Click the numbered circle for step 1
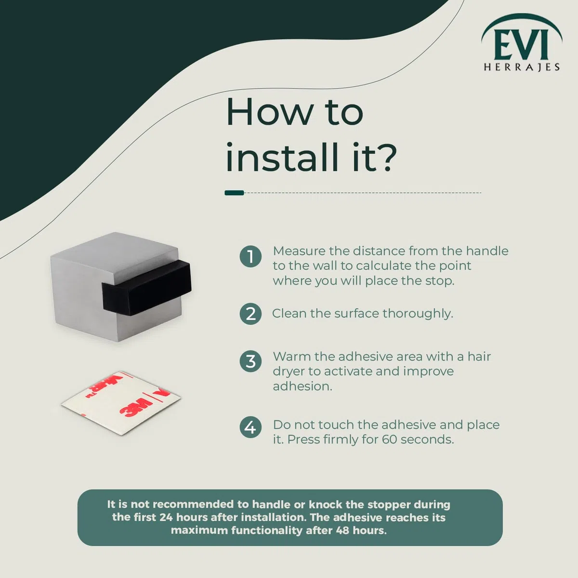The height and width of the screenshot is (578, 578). click(x=250, y=256)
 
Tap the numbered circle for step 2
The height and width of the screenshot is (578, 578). click(x=250, y=314)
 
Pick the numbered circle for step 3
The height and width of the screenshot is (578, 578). click(x=250, y=361)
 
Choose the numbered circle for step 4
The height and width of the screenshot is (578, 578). click(x=250, y=427)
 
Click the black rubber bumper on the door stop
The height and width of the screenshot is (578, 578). click(x=147, y=289)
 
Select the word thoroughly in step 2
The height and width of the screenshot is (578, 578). click(x=418, y=314)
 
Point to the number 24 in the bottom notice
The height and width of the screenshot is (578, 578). click(x=166, y=517)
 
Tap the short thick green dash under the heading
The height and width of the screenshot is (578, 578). click(x=234, y=193)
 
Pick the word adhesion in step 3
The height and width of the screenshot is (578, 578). click(x=302, y=386)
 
